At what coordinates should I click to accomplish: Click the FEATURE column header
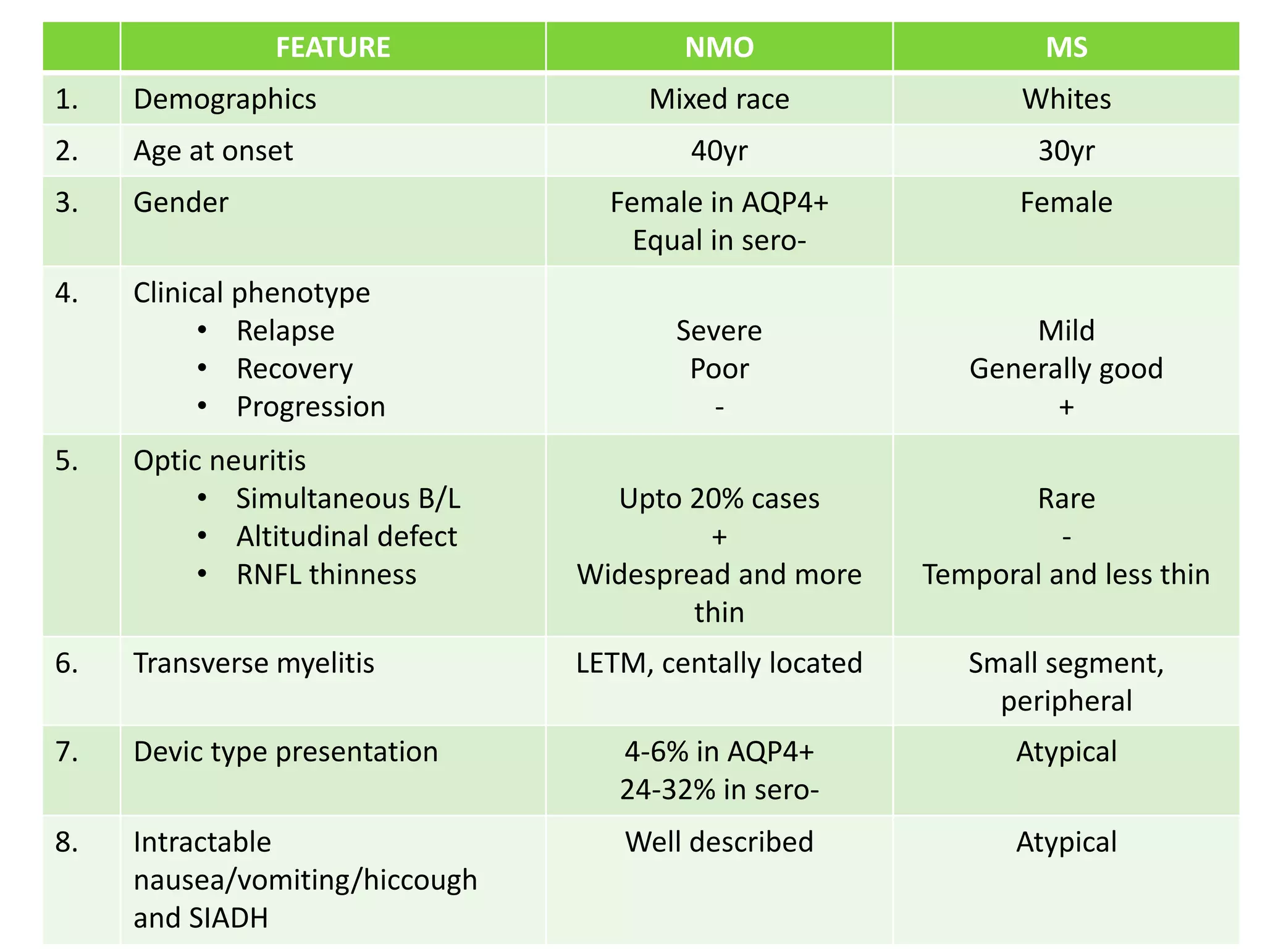click(332, 48)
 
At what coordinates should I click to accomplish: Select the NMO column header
click(719, 48)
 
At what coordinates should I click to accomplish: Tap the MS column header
click(1066, 48)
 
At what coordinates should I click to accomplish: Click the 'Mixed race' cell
click(719, 99)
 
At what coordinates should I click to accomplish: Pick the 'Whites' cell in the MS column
click(1066, 99)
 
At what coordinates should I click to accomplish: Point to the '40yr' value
click(719, 151)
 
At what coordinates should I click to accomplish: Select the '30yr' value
click(1066, 151)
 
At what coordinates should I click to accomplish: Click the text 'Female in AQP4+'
click(719, 203)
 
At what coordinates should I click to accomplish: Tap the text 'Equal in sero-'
click(719, 240)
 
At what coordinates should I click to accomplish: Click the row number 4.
click(67, 293)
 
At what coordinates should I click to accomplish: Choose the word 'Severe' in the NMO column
click(719, 331)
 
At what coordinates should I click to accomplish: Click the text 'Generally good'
click(1066, 369)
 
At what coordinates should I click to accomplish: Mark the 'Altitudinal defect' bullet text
click(347, 537)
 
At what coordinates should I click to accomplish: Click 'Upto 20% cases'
click(719, 499)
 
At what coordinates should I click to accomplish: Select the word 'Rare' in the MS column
click(1066, 499)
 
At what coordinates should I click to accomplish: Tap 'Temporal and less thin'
click(1066, 575)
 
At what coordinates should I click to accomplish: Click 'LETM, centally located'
click(719, 664)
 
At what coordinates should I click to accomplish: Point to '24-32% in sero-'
click(719, 790)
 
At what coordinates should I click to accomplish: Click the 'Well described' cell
click(719, 842)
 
